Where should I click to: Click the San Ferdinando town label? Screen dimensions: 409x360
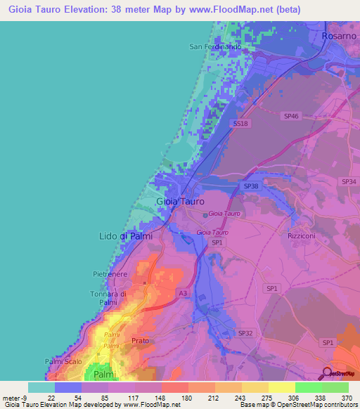pyautogui.click(x=215, y=47)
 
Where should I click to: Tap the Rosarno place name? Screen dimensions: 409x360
pyautogui.click(x=340, y=35)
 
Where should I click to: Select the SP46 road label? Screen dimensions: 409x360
pyautogui.click(x=291, y=115)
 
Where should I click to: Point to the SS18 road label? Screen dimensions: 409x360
pyautogui.click(x=240, y=124)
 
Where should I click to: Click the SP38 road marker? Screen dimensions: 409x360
pyautogui.click(x=251, y=186)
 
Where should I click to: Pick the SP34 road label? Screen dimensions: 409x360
pyautogui.click(x=349, y=182)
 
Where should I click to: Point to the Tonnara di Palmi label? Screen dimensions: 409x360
pyautogui.click(x=108, y=298)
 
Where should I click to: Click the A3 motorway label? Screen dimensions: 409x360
pyautogui.click(x=183, y=293)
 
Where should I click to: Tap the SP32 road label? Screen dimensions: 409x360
pyautogui.click(x=245, y=332)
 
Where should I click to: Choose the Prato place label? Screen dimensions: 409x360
pyautogui.click(x=140, y=342)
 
